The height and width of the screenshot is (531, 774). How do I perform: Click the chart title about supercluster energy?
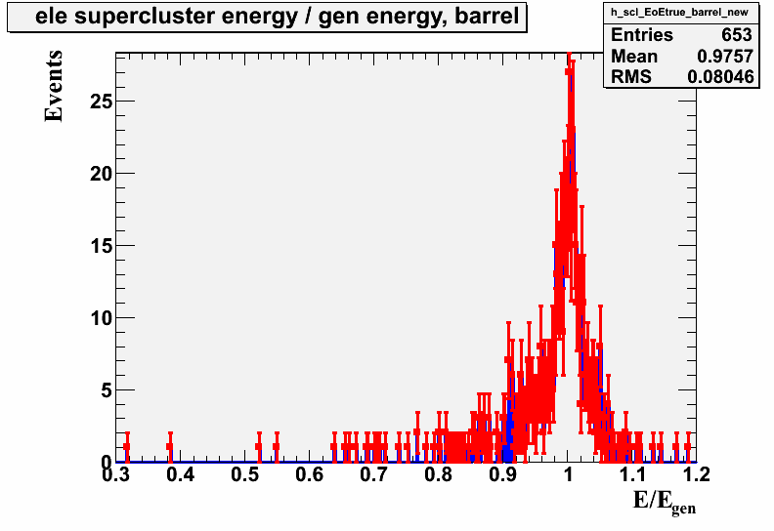[x=277, y=17]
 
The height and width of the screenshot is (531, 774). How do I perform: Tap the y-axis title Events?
[x=54, y=86]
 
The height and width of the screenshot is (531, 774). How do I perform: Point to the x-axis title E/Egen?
[x=665, y=503]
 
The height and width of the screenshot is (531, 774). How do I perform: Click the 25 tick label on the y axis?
[x=102, y=102]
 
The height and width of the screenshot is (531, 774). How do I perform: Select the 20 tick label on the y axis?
[x=102, y=174]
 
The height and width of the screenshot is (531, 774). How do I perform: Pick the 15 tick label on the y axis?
[x=102, y=246]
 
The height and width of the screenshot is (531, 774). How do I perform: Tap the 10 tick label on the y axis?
[x=102, y=318]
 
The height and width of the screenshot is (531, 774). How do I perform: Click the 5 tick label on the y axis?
[x=107, y=390]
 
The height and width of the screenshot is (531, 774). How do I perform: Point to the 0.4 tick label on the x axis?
[x=180, y=474]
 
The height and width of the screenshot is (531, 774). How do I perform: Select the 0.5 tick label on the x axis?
[x=245, y=474]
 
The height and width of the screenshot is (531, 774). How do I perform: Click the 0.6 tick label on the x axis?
[x=310, y=474]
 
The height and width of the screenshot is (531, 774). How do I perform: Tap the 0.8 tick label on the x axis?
[x=439, y=474]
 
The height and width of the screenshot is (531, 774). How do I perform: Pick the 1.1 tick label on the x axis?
[x=632, y=474]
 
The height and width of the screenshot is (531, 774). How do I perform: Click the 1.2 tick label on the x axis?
[x=697, y=474]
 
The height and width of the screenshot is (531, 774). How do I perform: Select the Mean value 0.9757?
[x=725, y=57]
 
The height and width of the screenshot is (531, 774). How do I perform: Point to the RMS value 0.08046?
[x=720, y=77]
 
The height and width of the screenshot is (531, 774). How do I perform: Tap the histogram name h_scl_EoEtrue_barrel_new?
[x=680, y=13]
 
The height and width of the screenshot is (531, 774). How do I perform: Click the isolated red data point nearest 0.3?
[x=127, y=447]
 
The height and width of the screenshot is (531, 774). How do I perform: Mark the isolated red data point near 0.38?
[x=170, y=447]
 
